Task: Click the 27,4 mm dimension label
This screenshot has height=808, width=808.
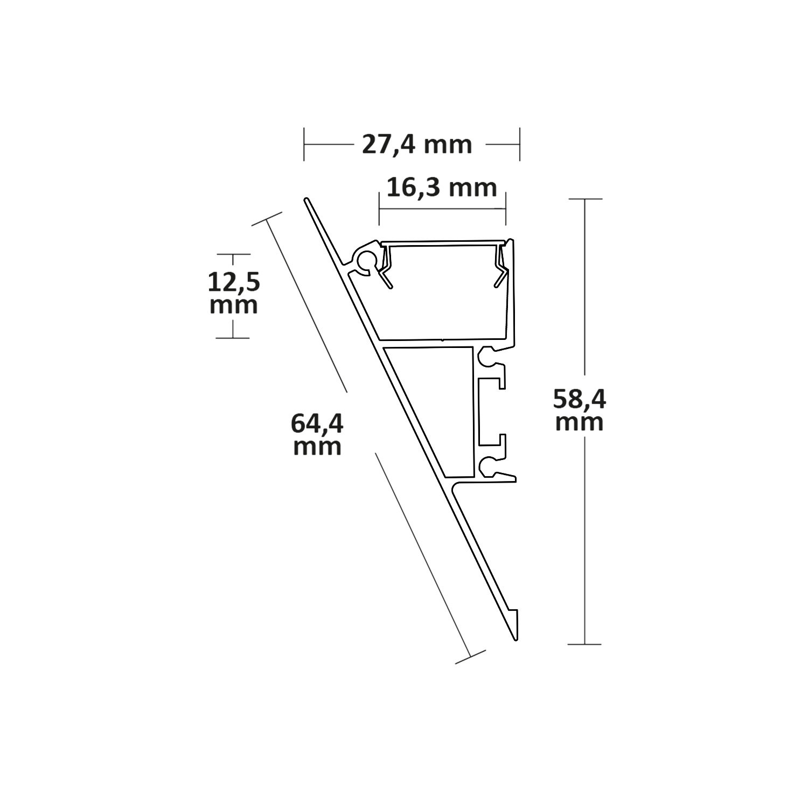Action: pos(416,144)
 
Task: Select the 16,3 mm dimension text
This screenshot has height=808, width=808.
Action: pos(442,188)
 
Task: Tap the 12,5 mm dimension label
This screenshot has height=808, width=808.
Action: pos(233,294)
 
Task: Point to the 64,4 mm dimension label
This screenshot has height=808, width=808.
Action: pos(317,434)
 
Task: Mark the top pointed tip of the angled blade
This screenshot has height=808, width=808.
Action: pos(307,201)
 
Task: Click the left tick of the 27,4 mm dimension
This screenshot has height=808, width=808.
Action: pos(304,144)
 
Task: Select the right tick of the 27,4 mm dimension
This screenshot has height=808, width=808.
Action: pos(519,144)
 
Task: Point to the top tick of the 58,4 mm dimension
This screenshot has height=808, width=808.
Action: pos(585,199)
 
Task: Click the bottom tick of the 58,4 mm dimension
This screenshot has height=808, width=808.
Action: pos(585,644)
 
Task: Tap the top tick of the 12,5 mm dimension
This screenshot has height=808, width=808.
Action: pos(233,254)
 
